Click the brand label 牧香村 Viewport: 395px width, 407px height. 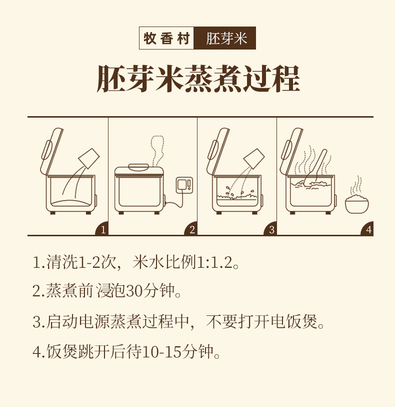coord(166,38)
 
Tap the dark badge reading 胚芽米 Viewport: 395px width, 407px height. coord(224,38)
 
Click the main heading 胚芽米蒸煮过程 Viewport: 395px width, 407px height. coord(198,79)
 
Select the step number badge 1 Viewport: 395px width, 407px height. coord(102,229)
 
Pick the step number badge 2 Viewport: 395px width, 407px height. coord(191,229)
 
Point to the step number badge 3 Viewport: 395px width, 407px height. coord(270,229)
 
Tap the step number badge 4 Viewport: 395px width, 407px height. coord(367,229)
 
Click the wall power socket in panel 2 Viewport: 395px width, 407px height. coord(184,185)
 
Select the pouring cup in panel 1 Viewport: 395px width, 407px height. coord(89,158)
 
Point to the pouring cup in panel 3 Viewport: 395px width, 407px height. coord(254,158)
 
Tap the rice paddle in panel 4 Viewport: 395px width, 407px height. coord(315,166)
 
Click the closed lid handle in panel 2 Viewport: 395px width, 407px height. coord(138,167)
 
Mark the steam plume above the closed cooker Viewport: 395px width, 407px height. coord(157,151)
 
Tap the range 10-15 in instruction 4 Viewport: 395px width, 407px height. coord(161,352)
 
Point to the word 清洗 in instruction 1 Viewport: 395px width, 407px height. coord(62,262)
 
